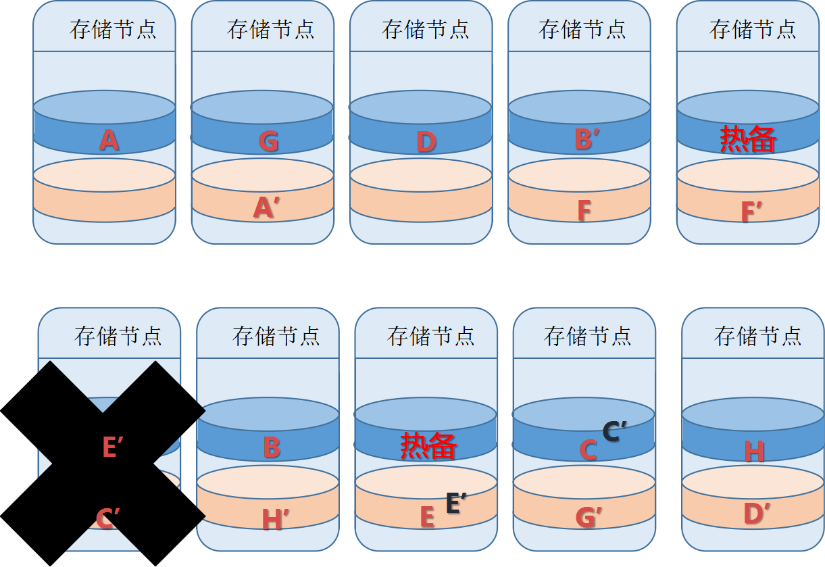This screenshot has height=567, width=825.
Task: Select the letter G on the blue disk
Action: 268,141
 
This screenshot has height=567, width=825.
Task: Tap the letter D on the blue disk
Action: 426,142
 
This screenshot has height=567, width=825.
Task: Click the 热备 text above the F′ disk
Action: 747,139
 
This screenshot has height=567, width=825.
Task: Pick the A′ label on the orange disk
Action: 266,208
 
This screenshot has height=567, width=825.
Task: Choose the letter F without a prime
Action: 584,211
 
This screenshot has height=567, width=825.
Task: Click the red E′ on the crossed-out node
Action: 113,447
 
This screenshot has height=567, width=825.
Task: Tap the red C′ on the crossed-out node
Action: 107,519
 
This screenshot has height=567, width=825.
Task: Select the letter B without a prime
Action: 271,447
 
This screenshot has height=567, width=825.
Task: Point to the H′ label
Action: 275,519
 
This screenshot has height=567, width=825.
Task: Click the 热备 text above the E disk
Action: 428,446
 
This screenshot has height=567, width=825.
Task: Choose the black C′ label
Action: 614,430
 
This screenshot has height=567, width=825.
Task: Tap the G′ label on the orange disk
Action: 589,518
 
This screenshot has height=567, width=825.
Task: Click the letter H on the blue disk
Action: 754,451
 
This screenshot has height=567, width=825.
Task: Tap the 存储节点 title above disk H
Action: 757,336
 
